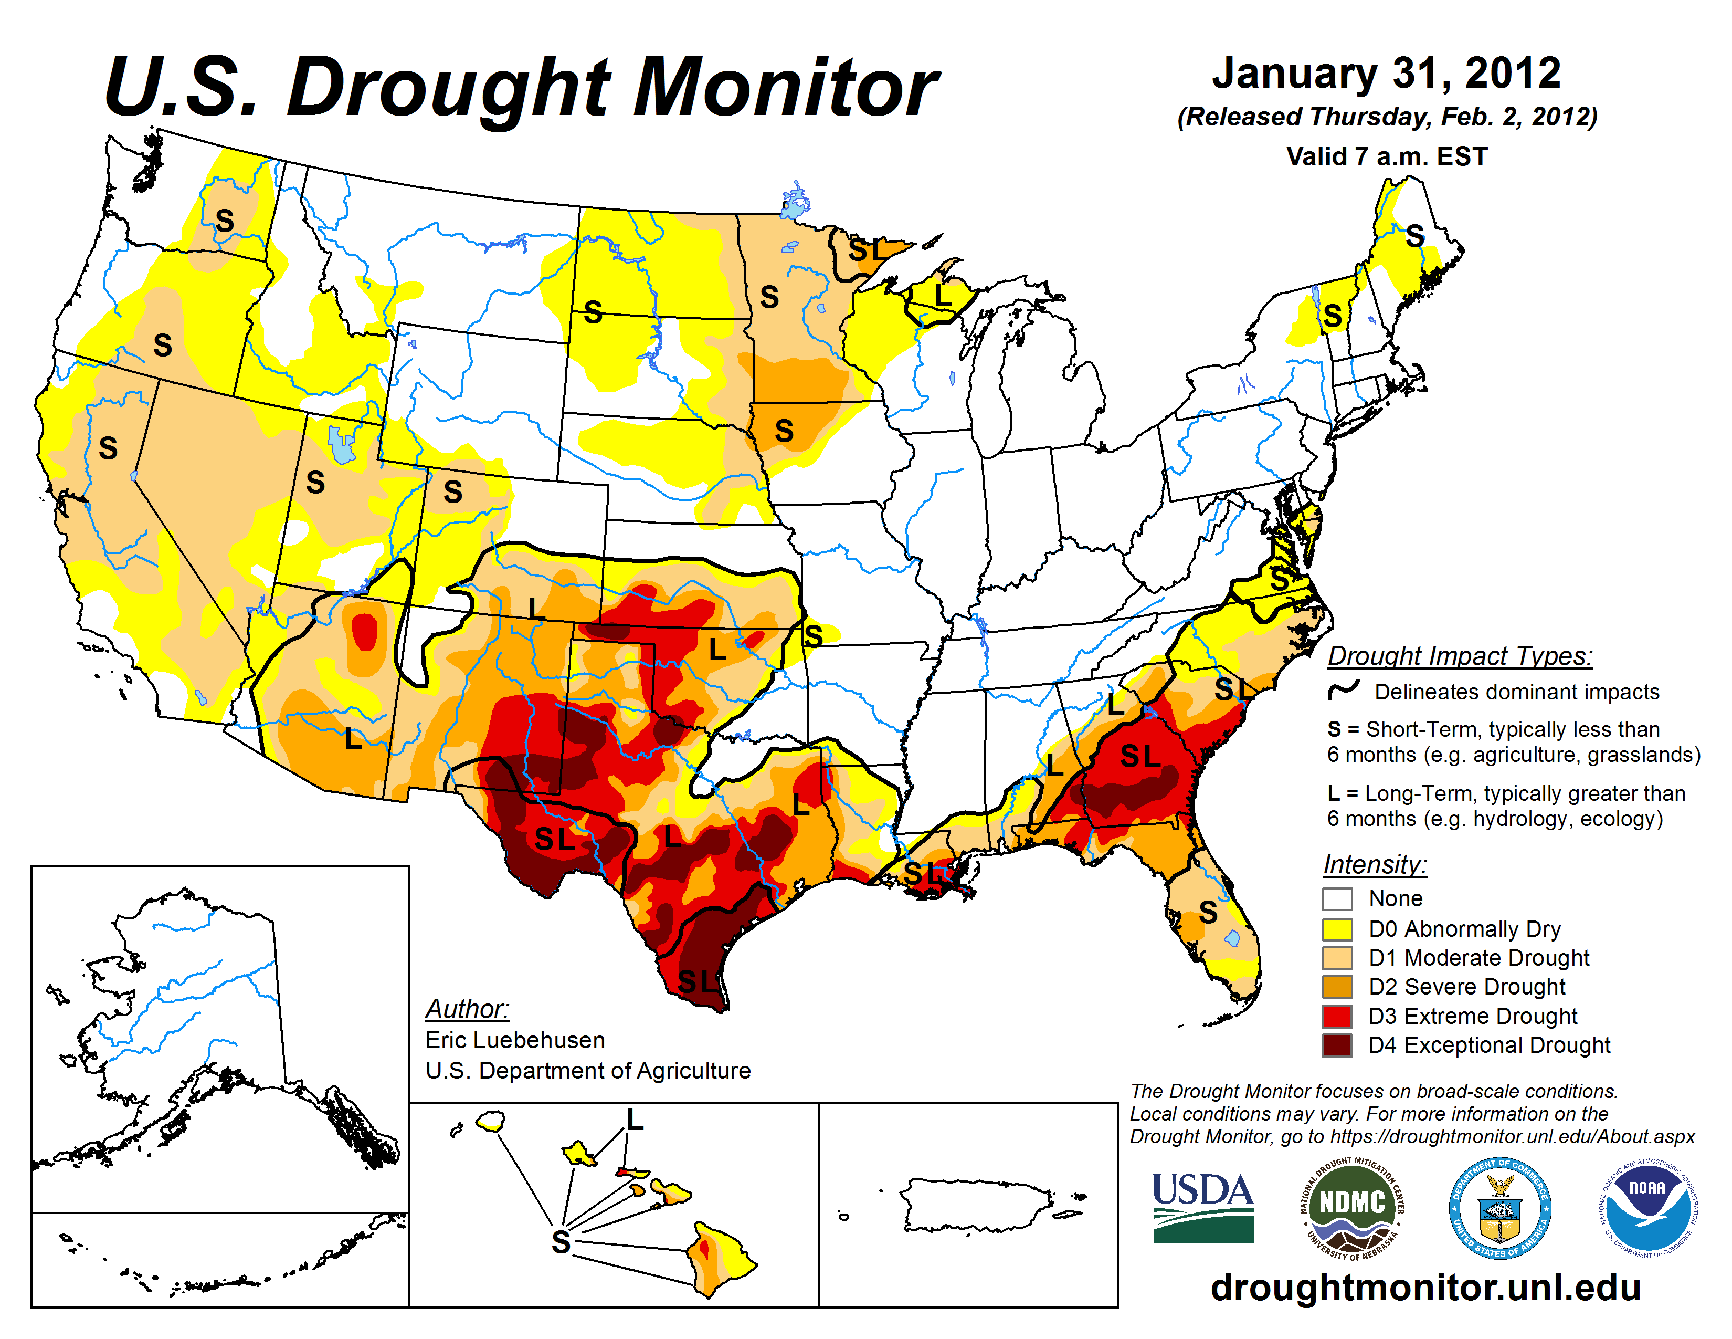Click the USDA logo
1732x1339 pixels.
1202,1207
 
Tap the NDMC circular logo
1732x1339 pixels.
1351,1207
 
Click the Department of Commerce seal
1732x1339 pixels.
1499,1207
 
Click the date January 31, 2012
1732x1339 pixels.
1386,73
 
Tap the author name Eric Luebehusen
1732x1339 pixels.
515,1040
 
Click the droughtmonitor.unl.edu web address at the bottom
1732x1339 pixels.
1425,1286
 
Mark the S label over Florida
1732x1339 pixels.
1208,912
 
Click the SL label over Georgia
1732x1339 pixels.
1139,756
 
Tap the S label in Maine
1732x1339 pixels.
1415,236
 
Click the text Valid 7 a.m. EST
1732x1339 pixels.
1386,156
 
